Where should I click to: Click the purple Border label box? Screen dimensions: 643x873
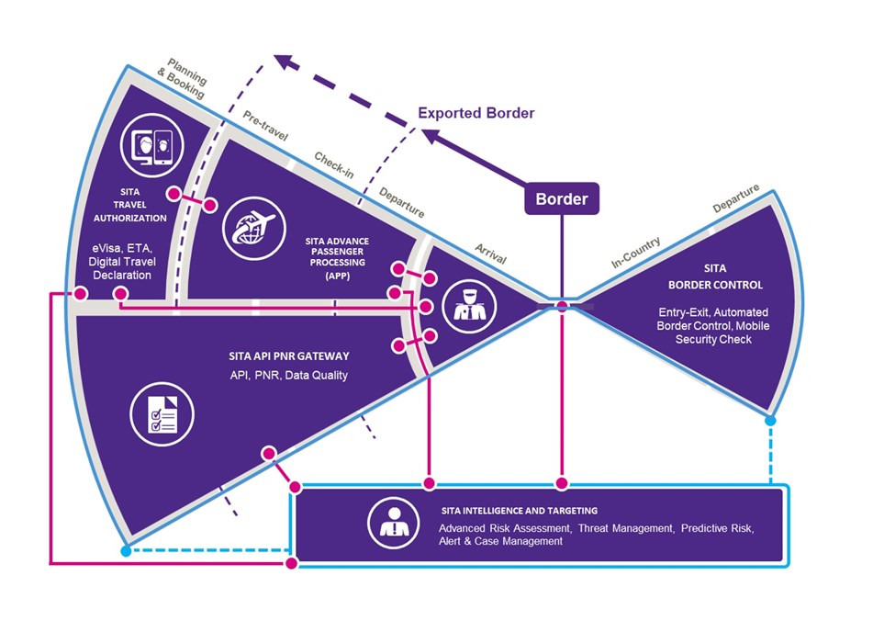562,198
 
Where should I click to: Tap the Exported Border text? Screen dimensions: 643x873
476,114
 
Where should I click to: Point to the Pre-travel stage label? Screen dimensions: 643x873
266,129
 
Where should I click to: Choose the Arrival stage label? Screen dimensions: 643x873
490,254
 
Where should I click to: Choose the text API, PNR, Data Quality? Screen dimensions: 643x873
287,375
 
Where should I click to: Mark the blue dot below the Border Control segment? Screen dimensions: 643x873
770,421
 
